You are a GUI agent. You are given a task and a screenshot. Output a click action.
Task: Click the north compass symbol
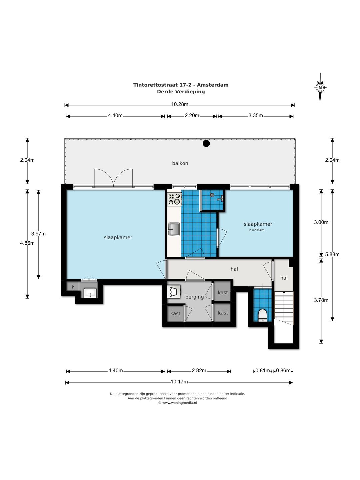(320, 88)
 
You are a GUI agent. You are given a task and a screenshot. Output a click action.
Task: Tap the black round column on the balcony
(206, 143)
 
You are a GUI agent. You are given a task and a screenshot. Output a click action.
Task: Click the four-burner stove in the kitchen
(174, 199)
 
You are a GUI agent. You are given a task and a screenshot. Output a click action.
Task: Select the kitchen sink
(174, 229)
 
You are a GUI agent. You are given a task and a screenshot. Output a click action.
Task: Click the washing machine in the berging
(174, 291)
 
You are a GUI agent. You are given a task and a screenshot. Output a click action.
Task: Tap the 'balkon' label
(180, 163)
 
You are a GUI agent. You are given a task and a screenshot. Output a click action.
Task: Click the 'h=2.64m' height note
(257, 230)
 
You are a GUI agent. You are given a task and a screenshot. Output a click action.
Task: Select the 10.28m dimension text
(180, 104)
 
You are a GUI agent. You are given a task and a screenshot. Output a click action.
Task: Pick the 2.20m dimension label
(192, 115)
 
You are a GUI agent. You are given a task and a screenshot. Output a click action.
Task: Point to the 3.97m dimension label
(38, 234)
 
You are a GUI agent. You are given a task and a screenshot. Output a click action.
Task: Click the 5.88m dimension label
(332, 254)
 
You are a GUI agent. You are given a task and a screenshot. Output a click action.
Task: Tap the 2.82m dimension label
(199, 370)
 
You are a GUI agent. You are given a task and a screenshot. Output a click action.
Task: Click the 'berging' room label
(195, 297)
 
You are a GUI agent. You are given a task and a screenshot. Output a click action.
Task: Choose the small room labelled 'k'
(73, 287)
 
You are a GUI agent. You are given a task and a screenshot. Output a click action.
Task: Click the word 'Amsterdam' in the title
(213, 85)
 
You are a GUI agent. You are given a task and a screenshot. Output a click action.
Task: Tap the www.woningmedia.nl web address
(179, 403)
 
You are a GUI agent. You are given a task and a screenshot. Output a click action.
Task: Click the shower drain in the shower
(212, 194)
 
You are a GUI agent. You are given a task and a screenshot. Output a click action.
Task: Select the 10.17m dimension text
(179, 382)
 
